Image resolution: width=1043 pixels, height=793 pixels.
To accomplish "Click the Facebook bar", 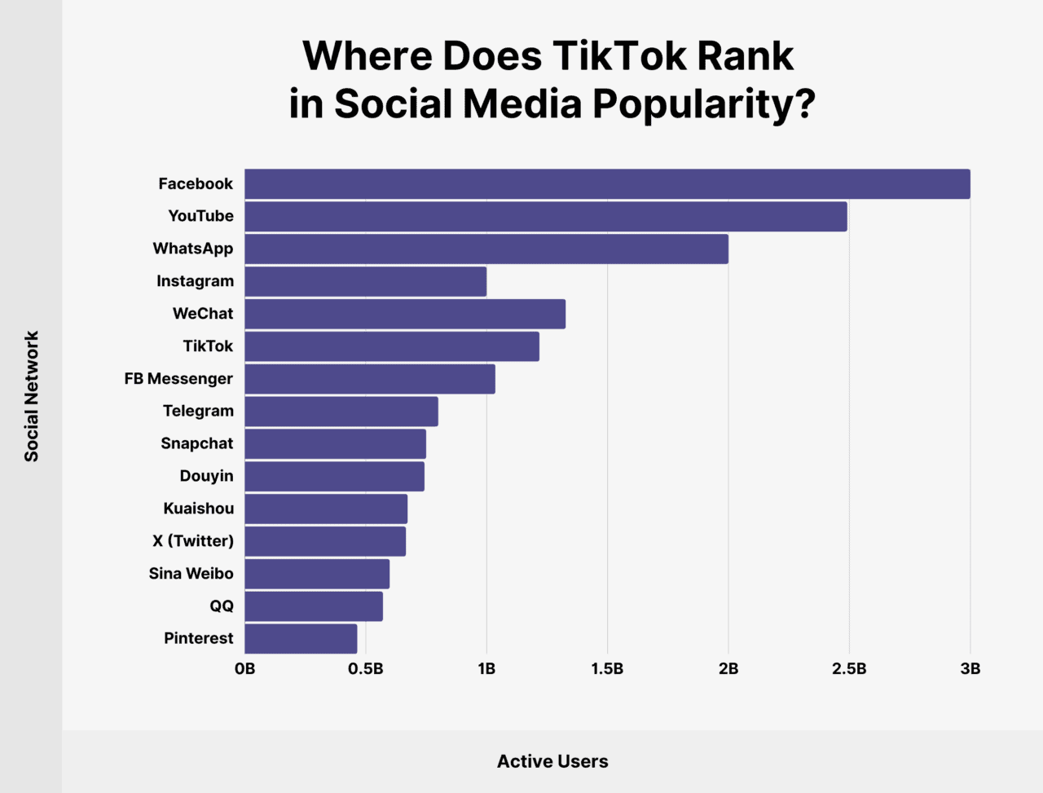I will (607, 184).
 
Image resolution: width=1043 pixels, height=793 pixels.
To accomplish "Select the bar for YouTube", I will (546, 217).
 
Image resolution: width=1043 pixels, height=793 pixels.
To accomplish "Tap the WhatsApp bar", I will (486, 249).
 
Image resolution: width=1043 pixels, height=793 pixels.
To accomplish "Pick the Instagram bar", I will (365, 281).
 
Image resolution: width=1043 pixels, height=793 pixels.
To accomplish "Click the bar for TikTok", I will (392, 346).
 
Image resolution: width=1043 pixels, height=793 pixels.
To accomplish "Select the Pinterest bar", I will (301, 639).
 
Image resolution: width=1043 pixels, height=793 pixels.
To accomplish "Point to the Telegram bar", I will (341, 412).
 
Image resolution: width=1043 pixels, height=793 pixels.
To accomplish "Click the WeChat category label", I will (203, 314).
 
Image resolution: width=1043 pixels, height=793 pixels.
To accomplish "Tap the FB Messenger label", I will (178, 379).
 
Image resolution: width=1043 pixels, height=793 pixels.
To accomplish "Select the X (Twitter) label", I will (193, 541).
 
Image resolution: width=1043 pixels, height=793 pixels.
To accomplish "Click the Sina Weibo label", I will (191, 574).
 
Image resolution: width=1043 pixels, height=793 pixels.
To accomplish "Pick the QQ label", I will (222, 606).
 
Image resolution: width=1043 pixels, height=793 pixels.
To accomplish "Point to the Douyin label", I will (206, 476).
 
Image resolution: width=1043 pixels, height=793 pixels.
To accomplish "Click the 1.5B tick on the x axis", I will (607, 669).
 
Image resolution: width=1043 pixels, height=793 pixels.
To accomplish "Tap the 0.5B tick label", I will (365, 669).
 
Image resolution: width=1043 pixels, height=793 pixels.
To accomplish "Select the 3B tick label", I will (970, 669).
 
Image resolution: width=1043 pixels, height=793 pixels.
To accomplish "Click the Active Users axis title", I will (552, 762).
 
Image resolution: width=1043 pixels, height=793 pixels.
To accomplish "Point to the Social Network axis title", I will (32, 396).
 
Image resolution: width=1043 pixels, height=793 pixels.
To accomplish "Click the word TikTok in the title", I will (607, 56).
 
